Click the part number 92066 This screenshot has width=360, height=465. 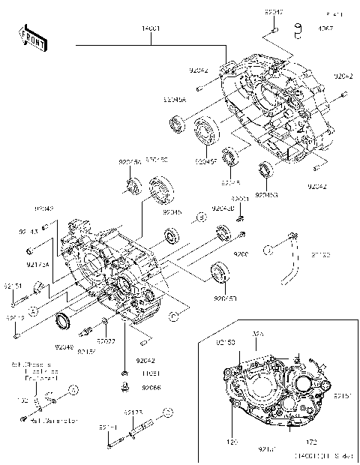click(x=152, y=388)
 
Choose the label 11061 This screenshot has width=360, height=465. click(x=152, y=373)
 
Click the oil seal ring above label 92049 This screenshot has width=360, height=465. click(x=67, y=323)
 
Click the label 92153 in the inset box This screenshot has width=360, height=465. click(x=226, y=343)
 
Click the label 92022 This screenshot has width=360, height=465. click(x=105, y=341)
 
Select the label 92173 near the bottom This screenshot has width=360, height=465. click(x=134, y=412)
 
